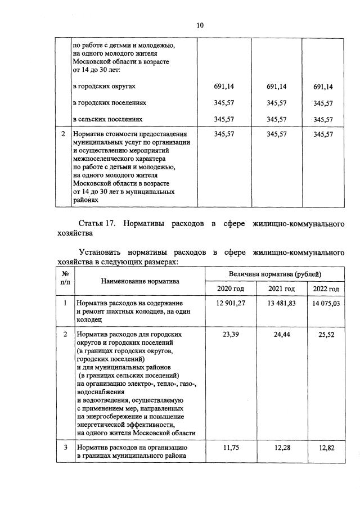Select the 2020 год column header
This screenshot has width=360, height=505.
coord(228,288)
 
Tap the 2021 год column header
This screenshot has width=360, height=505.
coord(281,288)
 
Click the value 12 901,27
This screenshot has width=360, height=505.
coord(228,304)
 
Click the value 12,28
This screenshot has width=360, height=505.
coord(281,448)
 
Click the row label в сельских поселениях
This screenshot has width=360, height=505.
coord(107,119)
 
